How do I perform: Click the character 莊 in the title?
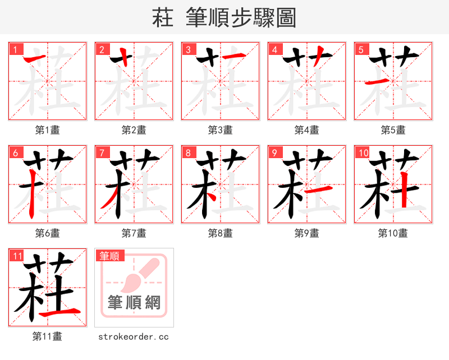tap(163, 18)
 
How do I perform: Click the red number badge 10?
tap(363, 153)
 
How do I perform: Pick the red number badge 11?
tap(17, 256)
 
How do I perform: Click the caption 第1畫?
tap(47, 130)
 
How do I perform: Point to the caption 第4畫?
tap(306, 130)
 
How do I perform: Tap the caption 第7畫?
tap(134, 233)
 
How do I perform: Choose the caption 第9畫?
tap(306, 233)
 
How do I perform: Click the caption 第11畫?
tap(47, 337)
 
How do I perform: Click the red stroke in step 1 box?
tap(35, 58)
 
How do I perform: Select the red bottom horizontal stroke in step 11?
tap(66, 311)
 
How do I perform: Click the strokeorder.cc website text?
tap(134, 337)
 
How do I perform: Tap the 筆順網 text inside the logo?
tap(134, 303)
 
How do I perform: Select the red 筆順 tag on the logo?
tap(109, 256)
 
